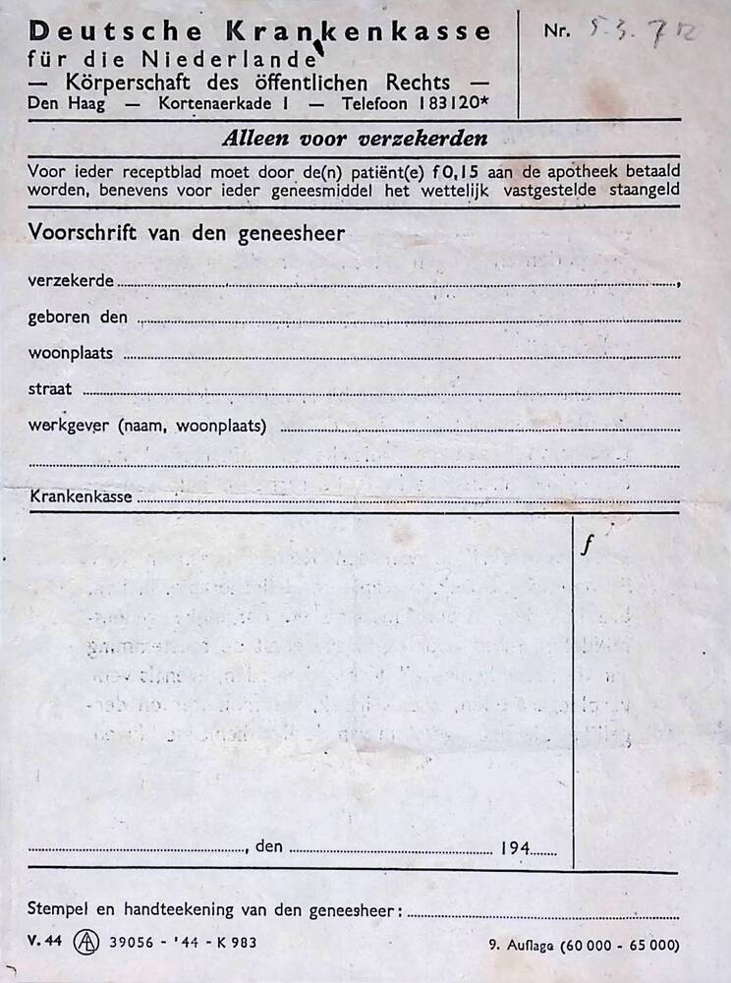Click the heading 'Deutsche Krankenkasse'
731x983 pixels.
pos(259,31)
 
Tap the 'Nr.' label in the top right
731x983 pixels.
pos(556,30)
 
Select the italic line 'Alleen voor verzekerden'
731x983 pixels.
pos(354,139)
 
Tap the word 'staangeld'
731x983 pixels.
pos(643,191)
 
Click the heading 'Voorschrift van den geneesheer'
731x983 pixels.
pos(187,233)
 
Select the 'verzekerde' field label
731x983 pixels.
pos(72,280)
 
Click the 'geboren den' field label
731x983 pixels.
pos(79,317)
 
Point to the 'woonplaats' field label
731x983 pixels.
pos(71,352)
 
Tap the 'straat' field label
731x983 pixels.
pos(50,388)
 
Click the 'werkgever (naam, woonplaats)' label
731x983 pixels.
pos(152,426)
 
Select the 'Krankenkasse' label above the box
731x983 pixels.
pos(82,496)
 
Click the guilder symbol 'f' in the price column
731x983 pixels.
pos(587,547)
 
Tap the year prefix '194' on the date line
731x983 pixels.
pos(515,846)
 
